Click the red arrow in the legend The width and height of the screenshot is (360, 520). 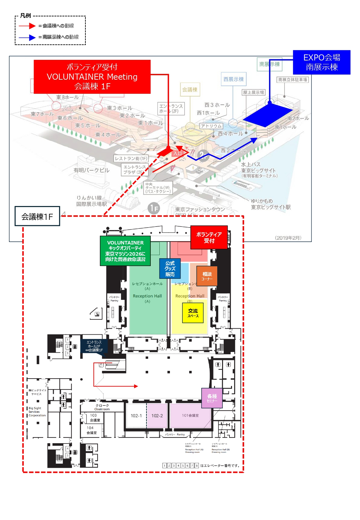pyautogui.click(x=27, y=26)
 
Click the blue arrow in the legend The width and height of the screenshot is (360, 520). pyautogui.click(x=27, y=37)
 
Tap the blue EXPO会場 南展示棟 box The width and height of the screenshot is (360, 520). pyautogui.click(x=322, y=62)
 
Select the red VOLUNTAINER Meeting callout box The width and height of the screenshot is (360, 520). pyautogui.click(x=92, y=77)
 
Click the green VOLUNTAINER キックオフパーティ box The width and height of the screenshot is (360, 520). pyautogui.click(x=125, y=251)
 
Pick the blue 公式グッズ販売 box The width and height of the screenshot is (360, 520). pyautogui.click(x=170, y=268)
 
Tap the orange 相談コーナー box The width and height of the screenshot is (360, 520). pyautogui.click(x=207, y=276)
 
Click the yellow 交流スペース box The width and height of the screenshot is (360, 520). pyautogui.click(x=193, y=313)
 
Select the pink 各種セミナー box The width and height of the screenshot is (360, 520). pyautogui.click(x=212, y=398)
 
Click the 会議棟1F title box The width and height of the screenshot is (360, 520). pyautogui.click(x=37, y=216)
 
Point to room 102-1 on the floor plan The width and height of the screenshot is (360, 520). pyautogui.click(x=136, y=416)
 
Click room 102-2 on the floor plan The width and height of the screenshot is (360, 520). pyautogui.click(x=157, y=416)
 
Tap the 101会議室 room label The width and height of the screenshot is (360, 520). pyautogui.click(x=190, y=415)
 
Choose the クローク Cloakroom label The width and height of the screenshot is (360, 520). pyautogui.click(x=102, y=407)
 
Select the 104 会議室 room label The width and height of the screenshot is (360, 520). pyautogui.click(x=91, y=430)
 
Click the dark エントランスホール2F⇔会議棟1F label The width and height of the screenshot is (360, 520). pyautogui.click(x=94, y=346)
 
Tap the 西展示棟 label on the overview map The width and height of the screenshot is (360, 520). pyautogui.click(x=234, y=79)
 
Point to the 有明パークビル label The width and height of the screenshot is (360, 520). pyautogui.click(x=92, y=170)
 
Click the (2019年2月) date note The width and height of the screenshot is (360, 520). pyautogui.click(x=288, y=238)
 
